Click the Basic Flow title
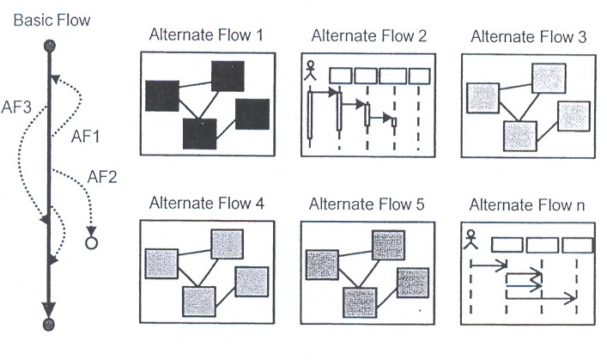(x=52, y=20)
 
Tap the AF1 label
(x=86, y=137)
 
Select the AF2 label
(x=102, y=177)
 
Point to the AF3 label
(x=16, y=107)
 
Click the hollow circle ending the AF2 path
(x=91, y=243)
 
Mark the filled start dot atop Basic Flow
(x=50, y=46)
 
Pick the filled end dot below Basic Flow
(x=49, y=324)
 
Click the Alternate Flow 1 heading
(x=206, y=35)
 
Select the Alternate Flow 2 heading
(x=368, y=35)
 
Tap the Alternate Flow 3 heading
(x=528, y=37)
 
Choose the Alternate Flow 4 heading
(x=207, y=203)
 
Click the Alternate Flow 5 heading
(x=367, y=204)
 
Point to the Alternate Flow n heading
(x=527, y=205)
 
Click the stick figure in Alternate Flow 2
(x=310, y=70)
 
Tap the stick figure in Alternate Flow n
(x=470, y=240)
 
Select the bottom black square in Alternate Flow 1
(x=199, y=134)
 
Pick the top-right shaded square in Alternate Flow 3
(x=549, y=78)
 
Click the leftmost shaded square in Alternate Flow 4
(x=161, y=264)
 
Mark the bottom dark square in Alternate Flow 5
(x=360, y=303)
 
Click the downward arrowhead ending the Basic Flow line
(x=49, y=310)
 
